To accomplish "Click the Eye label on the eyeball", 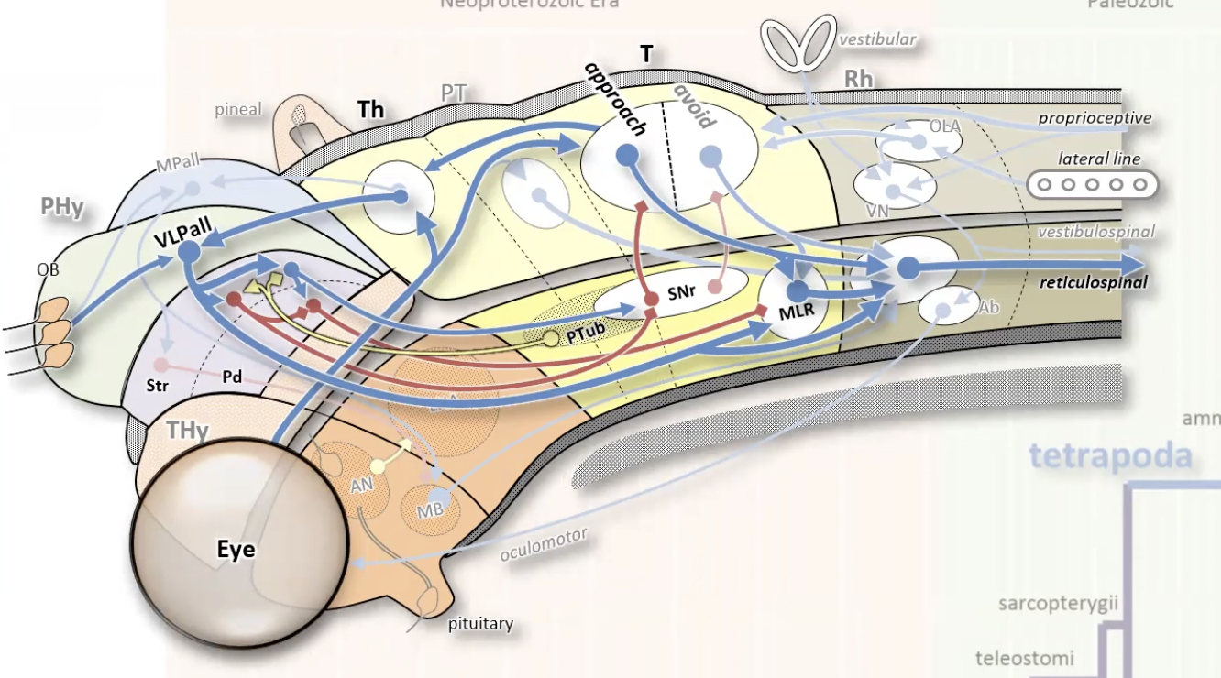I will pyautogui.click(x=236, y=551).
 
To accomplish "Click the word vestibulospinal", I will pyautogui.click(x=1095, y=233).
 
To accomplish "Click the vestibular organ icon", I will pyautogui.click(x=800, y=42).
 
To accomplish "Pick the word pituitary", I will pyautogui.click(x=480, y=625).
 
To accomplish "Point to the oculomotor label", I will pyautogui.click(x=544, y=544).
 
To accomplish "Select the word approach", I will pyautogui.click(x=616, y=99).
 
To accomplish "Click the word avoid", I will pyautogui.click(x=694, y=108).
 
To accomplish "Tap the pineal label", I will pyautogui.click(x=238, y=110).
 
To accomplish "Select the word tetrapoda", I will pyautogui.click(x=1110, y=455).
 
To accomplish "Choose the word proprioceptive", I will pyautogui.click(x=1094, y=118).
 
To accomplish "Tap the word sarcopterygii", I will pyautogui.click(x=1052, y=604).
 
